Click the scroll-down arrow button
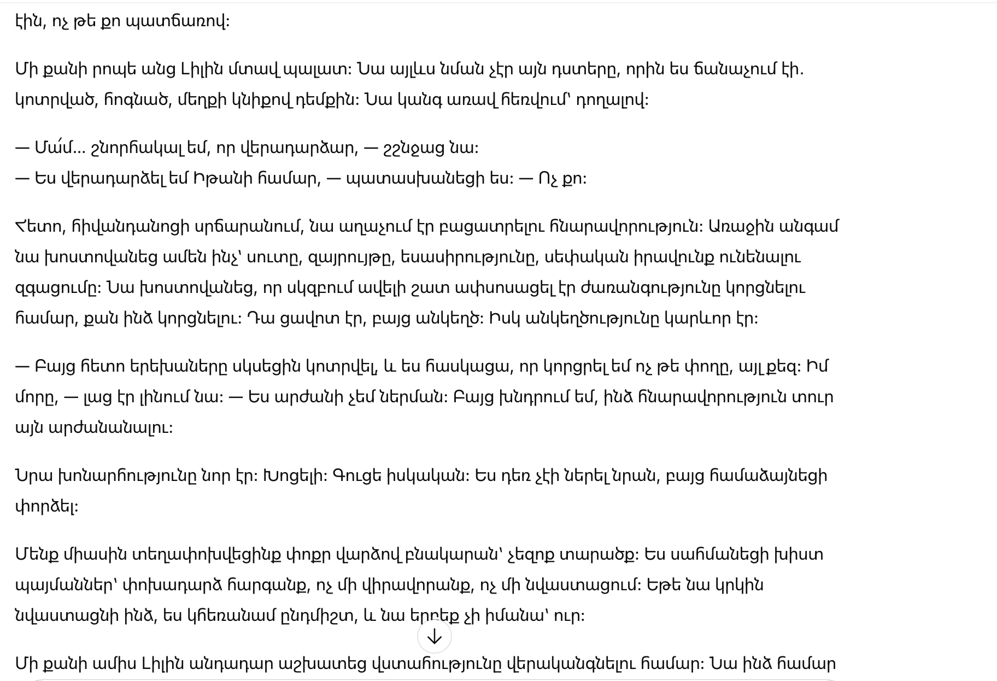point(434,636)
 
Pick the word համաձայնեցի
point(768,475)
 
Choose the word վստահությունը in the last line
point(436,664)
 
